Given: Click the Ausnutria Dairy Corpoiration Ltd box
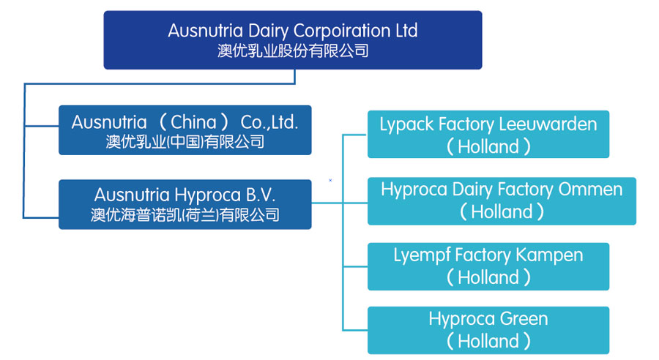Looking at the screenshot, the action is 293,40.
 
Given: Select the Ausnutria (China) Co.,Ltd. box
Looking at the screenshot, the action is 185,130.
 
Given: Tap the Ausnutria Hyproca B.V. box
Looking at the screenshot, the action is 185,205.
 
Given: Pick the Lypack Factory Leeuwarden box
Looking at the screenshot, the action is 488,135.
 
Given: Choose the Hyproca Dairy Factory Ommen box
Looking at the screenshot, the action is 502,201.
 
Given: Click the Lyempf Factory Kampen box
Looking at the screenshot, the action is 488,266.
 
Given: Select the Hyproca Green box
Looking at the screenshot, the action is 488,330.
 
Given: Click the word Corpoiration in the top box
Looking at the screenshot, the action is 342,31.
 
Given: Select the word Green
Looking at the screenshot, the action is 524,319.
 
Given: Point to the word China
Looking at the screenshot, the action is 193,122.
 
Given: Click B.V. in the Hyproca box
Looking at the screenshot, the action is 261,195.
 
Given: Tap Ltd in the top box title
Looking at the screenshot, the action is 406,31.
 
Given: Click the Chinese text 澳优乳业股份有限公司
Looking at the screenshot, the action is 293,50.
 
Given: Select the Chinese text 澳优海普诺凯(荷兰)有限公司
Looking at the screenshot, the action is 185,215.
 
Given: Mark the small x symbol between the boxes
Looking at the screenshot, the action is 330,180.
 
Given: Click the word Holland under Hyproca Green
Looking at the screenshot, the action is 488,341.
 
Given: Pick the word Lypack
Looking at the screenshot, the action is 407,125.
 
